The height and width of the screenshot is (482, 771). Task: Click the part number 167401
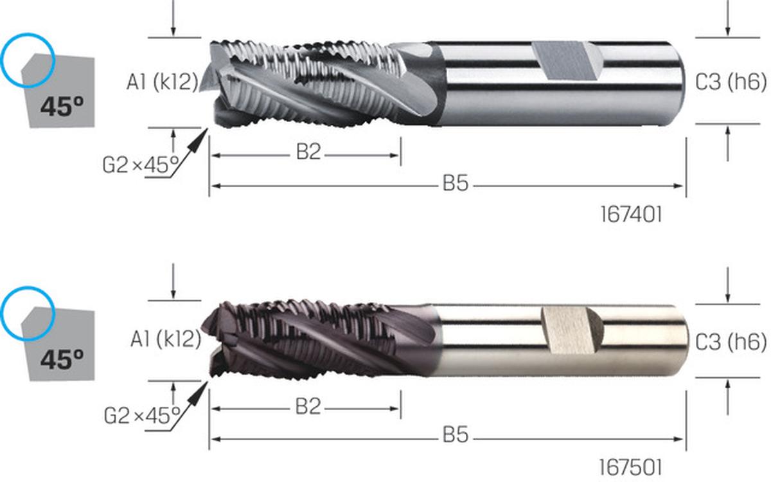click(631, 215)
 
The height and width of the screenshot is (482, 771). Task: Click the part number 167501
click(630, 468)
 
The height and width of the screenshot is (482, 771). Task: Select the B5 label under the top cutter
click(456, 183)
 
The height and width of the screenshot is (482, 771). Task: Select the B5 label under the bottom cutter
click(456, 435)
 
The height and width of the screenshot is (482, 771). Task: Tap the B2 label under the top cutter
click(308, 152)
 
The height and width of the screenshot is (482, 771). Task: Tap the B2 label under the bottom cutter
click(308, 406)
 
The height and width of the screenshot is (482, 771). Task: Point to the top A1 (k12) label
click(163, 83)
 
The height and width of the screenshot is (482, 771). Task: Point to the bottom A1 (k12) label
click(166, 340)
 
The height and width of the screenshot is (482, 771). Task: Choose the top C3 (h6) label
click(731, 83)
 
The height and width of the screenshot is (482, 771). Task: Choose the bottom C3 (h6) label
click(731, 342)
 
